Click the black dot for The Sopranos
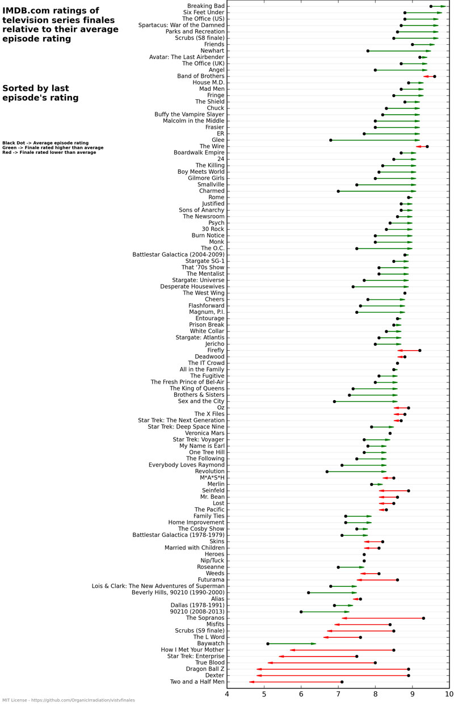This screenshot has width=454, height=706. [x=423, y=618]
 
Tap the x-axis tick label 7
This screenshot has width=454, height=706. [x=338, y=694]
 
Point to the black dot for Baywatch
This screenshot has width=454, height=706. [x=268, y=644]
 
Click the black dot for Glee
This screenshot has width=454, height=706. [x=331, y=140]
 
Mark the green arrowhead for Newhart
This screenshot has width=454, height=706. [x=428, y=51]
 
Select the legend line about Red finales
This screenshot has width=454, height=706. [x=49, y=152]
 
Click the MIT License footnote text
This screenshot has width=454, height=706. [x=68, y=700]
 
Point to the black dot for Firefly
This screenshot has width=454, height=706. [x=420, y=350]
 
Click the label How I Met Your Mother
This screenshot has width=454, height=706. [x=193, y=650]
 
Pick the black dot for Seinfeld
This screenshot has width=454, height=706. [x=409, y=490]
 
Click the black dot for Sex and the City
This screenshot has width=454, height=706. [x=334, y=401]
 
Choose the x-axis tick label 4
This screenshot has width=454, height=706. [x=228, y=694]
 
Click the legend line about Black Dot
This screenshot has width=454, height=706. [x=45, y=143]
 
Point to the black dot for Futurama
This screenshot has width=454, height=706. [x=397, y=580]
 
